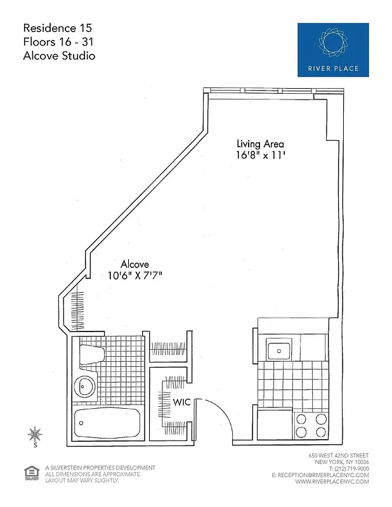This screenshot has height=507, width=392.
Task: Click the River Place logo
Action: pyautogui.click(x=333, y=49)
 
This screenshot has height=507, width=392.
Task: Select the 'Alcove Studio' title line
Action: pyautogui.click(x=59, y=56)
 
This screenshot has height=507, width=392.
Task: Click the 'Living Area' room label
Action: pyautogui.click(x=261, y=143)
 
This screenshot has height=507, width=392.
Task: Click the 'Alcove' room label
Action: pyautogui.click(x=136, y=264)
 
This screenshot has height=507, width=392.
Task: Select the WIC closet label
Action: pyautogui.click(x=182, y=402)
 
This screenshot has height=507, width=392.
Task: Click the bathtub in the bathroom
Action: pyautogui.click(x=106, y=423)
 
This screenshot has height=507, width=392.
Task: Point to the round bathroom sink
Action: pyautogui.click(x=84, y=385)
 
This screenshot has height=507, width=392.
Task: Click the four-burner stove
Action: pyautogui.click(x=310, y=425)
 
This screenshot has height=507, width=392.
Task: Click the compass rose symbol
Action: pyautogui.click(x=35, y=435)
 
